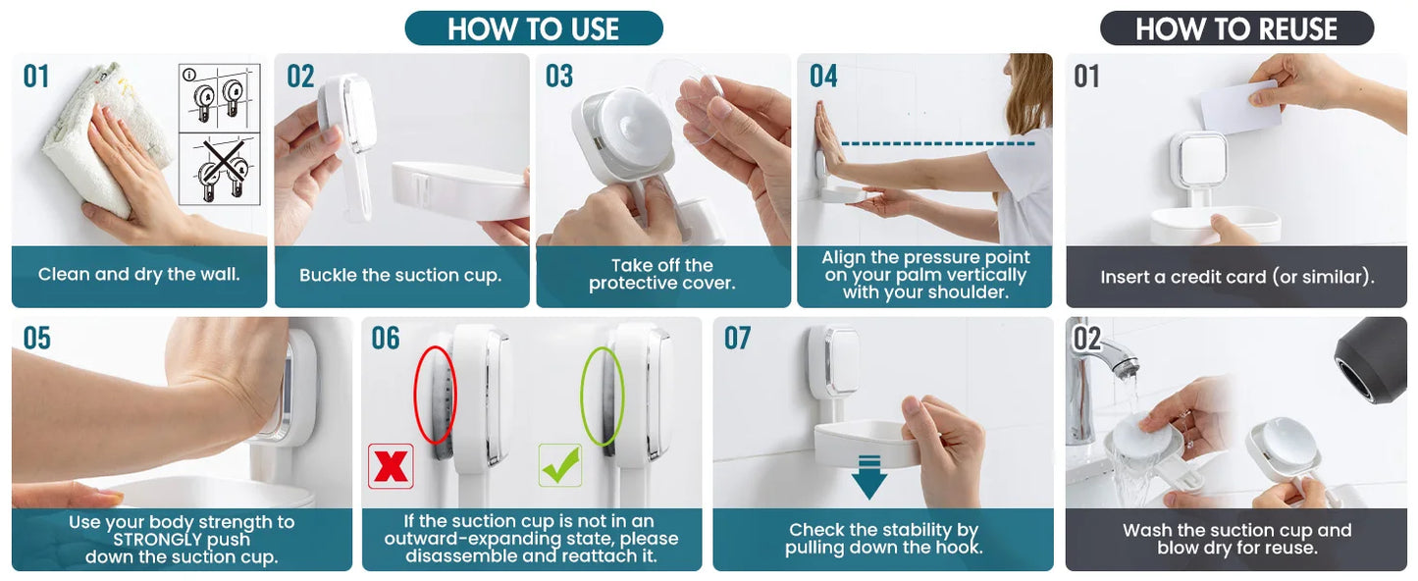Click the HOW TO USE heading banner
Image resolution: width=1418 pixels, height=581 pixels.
[x=534, y=27]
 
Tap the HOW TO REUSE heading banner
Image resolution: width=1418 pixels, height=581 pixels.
[x=1236, y=27]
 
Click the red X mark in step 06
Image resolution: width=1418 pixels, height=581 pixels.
[x=391, y=466]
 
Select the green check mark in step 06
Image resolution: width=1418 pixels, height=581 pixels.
[x=560, y=466]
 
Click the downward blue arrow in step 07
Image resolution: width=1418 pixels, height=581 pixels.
[x=869, y=477]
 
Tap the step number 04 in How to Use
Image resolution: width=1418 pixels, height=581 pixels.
[x=823, y=76]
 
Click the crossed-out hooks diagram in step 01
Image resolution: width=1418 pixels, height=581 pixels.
[x=220, y=169]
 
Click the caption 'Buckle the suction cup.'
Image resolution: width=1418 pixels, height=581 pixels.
[x=400, y=276]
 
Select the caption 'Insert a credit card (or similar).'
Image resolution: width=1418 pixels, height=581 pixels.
[x=1237, y=277]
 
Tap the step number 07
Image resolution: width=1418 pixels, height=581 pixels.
[x=738, y=338]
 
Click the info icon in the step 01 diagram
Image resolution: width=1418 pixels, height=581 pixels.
[x=188, y=76]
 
